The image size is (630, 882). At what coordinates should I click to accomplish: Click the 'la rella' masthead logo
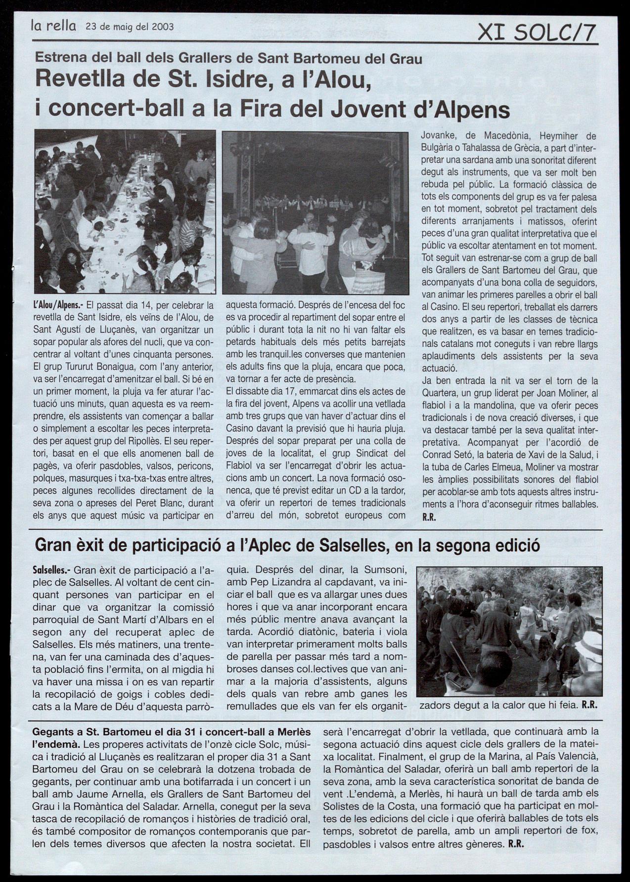pyautogui.click(x=53, y=27)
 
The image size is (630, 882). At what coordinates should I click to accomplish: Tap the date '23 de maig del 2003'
pyautogui.click(x=130, y=27)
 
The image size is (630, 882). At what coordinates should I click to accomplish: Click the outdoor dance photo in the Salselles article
pyautogui.click(x=507, y=631)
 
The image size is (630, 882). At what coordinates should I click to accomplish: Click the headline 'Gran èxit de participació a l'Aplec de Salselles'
pyautogui.click(x=286, y=546)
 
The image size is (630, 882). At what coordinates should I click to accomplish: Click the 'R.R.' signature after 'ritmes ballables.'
pyautogui.click(x=428, y=518)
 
